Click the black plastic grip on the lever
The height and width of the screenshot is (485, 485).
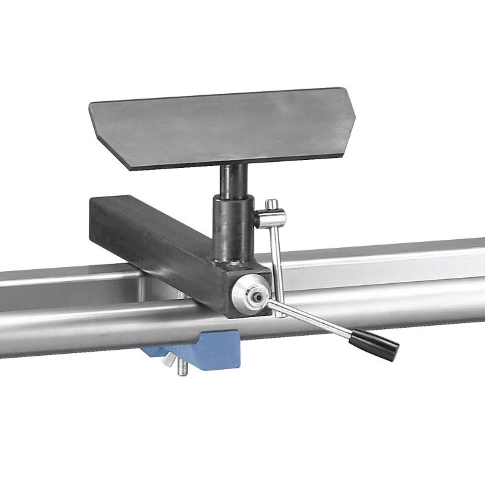tap(376, 341)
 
